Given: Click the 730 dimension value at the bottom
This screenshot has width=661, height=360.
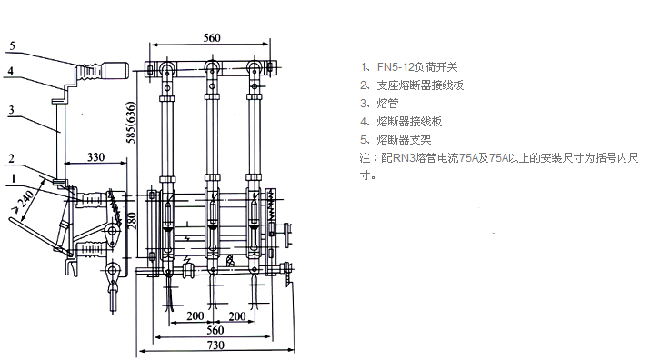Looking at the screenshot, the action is (x=215, y=345).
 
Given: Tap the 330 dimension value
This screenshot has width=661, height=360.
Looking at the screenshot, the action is (x=95, y=156).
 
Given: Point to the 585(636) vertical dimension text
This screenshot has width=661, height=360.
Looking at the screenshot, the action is (x=131, y=123).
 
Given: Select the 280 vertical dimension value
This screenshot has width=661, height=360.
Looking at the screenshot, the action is (x=132, y=220).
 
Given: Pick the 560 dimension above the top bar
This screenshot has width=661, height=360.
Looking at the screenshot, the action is (x=212, y=37).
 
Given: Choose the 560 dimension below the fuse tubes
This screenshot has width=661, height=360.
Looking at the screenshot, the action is (x=215, y=330).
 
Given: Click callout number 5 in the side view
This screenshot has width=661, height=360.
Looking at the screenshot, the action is (x=12, y=45).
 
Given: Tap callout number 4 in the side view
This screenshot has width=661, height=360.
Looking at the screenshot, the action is (x=11, y=70).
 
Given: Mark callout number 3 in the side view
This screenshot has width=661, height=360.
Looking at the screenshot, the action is (x=12, y=110).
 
